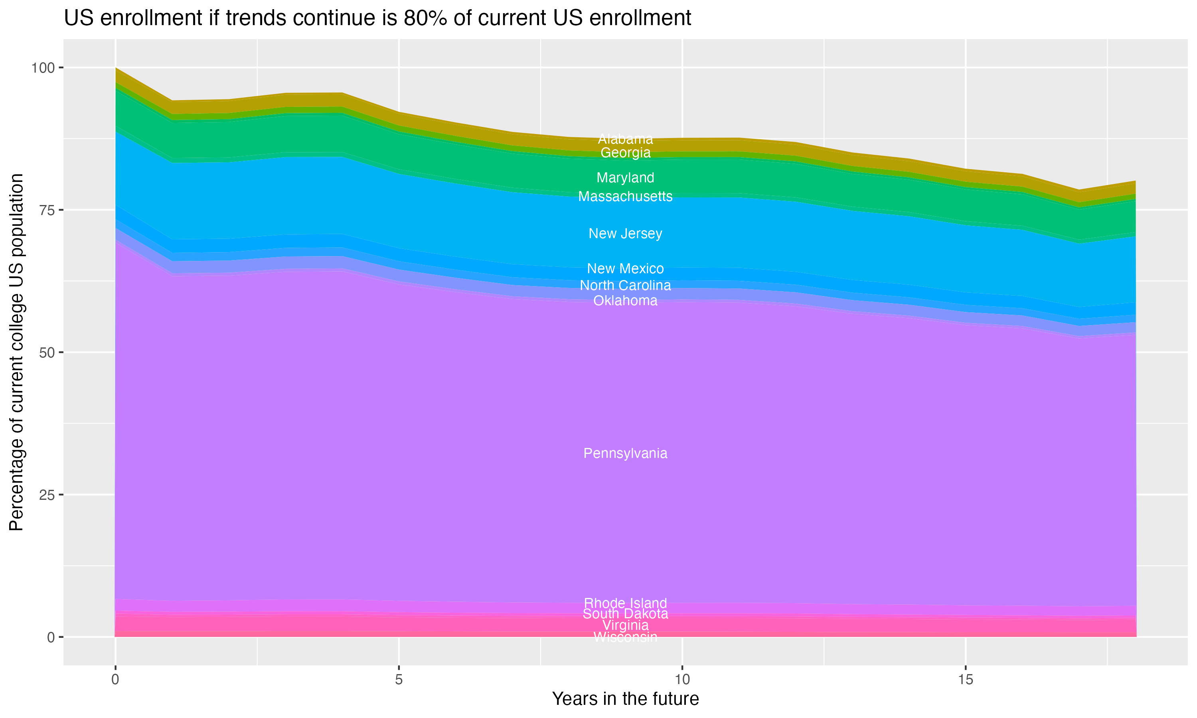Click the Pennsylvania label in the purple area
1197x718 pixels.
pyautogui.click(x=625, y=454)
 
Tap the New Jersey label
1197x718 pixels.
pyautogui.click(x=625, y=234)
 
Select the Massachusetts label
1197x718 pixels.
pyautogui.click(x=625, y=196)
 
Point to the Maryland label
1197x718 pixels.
pyautogui.click(x=625, y=178)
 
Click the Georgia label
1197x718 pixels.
pyautogui.click(x=625, y=153)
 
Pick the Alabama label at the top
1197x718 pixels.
pyautogui.click(x=625, y=139)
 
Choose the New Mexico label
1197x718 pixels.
pyautogui.click(x=625, y=268)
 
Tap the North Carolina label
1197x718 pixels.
pyautogui.click(x=625, y=286)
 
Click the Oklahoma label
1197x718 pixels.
pyautogui.click(x=625, y=300)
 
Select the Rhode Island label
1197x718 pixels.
pyautogui.click(x=625, y=603)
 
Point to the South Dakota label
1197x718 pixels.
pyautogui.click(x=625, y=614)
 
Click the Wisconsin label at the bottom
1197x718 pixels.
pyautogui.click(x=625, y=637)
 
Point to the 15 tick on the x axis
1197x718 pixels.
pyautogui.click(x=965, y=680)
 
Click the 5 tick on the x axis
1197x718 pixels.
pyautogui.click(x=399, y=680)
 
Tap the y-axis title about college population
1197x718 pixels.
pyautogui.click(x=16, y=352)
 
